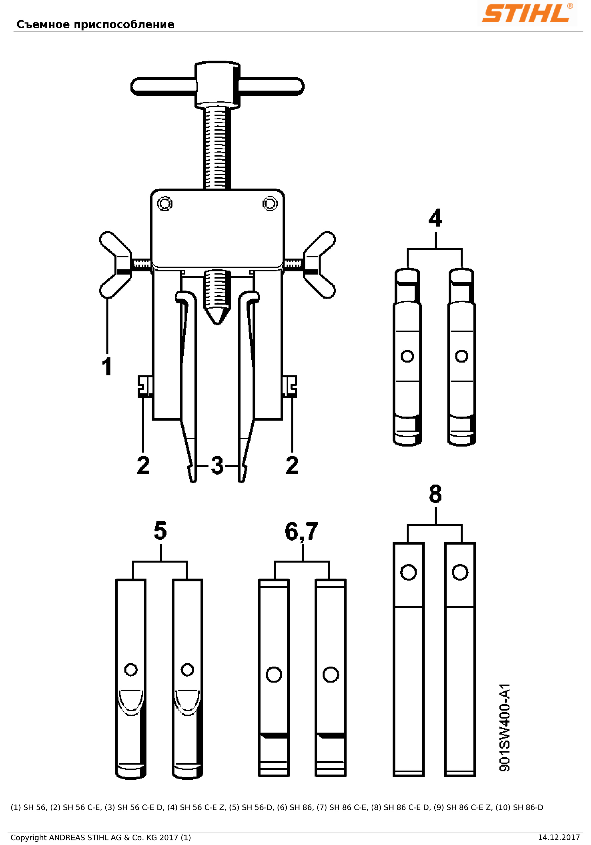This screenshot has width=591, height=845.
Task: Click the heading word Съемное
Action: click(x=43, y=25)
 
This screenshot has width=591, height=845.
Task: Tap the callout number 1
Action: click(x=107, y=366)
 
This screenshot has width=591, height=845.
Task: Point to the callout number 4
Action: click(x=435, y=218)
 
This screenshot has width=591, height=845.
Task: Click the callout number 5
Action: click(x=160, y=531)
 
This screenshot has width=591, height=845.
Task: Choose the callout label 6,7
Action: click(x=301, y=532)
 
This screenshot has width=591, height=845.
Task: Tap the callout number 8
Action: click(x=435, y=494)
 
